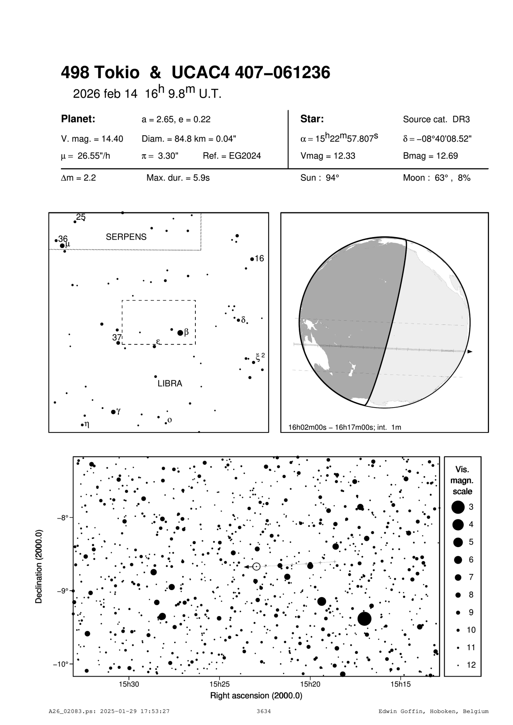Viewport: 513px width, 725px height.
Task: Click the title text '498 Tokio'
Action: coord(100,73)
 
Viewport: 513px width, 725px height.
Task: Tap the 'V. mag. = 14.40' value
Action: coord(92,139)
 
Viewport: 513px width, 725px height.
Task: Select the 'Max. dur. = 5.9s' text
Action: coord(178,178)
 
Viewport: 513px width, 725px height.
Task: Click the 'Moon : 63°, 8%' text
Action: coord(436,178)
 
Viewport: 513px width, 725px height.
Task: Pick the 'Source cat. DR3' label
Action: coord(436,120)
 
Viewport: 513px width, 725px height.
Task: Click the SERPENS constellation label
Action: coord(126,237)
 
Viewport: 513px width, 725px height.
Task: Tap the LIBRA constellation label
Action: coord(170,384)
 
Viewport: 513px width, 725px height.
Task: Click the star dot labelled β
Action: coord(180,333)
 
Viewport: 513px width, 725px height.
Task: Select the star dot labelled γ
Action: coord(113,412)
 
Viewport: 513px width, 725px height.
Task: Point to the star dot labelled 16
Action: coord(252,259)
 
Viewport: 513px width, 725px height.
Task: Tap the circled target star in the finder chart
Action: coord(256,567)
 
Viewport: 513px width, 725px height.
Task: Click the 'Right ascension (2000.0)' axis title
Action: coord(256,696)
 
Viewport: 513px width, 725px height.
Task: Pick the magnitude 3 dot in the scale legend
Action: coord(458,507)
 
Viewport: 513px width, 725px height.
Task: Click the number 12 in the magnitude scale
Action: coord(471,665)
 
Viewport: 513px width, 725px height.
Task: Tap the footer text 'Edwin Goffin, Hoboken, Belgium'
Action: coord(434,712)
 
